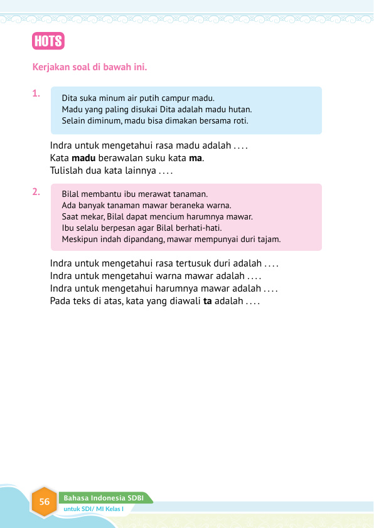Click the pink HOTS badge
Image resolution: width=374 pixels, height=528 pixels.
(48, 41)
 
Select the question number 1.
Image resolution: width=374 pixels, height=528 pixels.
(36, 94)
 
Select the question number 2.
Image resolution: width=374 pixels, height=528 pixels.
(36, 192)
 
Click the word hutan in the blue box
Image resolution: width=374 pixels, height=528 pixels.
(239, 109)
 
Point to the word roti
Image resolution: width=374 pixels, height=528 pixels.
(240, 120)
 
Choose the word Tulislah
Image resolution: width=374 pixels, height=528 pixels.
(67, 170)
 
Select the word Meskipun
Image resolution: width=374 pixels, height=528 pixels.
(79, 239)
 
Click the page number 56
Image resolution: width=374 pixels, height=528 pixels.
(44, 502)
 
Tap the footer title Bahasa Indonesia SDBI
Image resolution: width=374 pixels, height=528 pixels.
(104, 498)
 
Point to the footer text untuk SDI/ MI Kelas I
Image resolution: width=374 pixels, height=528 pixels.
(94, 509)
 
